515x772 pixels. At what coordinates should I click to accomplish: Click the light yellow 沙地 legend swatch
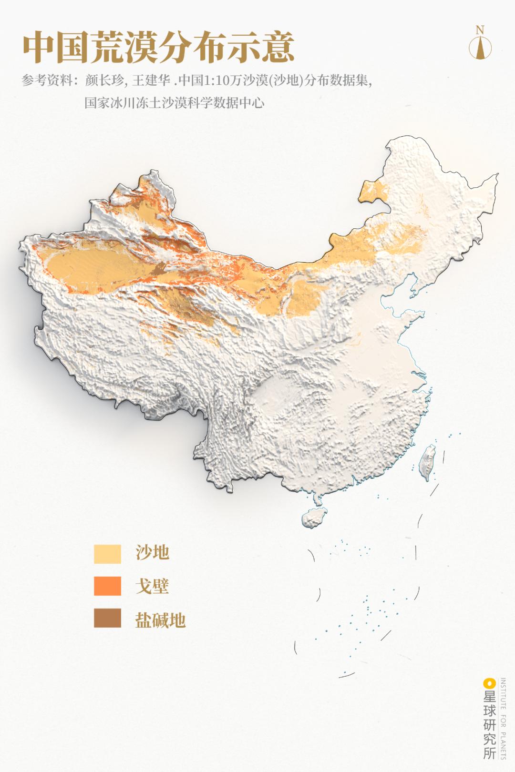pyautogui.click(x=107, y=554)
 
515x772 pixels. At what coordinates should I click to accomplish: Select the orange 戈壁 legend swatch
pyautogui.click(x=107, y=586)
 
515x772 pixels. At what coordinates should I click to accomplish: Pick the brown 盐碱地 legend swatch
pyautogui.click(x=107, y=618)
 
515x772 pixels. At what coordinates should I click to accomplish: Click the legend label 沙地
pyautogui.click(x=152, y=553)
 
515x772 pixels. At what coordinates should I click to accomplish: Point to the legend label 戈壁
pyautogui.click(x=152, y=586)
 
